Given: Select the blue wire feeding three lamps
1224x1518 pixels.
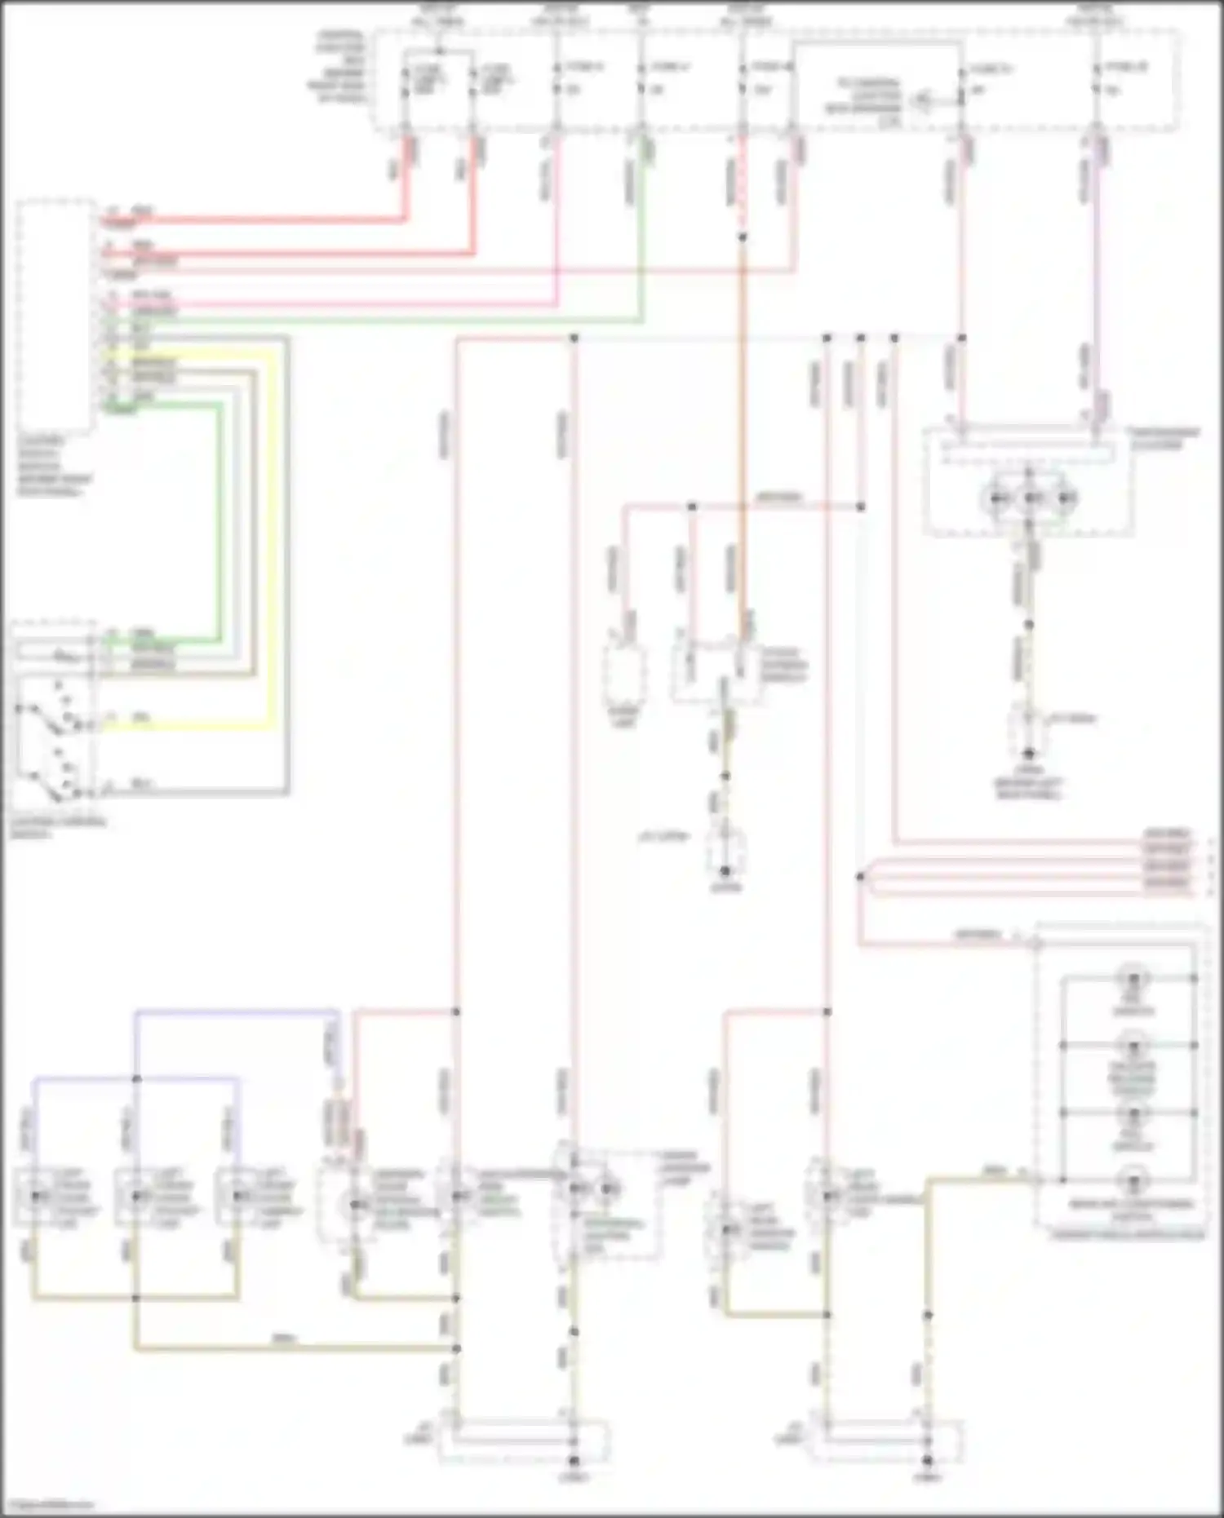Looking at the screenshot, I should coord(237,1012).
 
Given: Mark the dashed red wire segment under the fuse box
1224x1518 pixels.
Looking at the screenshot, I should coord(743,188).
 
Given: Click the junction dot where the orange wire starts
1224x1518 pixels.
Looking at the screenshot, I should coord(743,237).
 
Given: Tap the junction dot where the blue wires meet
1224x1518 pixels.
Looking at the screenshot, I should coord(136,1079).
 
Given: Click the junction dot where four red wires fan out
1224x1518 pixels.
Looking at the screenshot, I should coord(860,877).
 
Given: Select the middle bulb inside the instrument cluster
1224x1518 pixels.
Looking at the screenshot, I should coord(1032,498).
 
